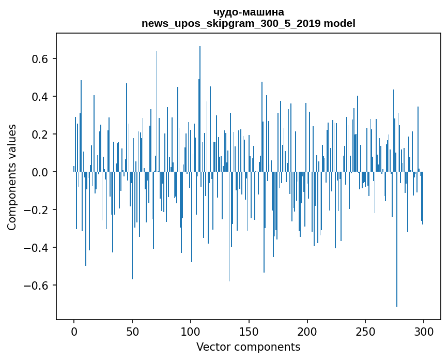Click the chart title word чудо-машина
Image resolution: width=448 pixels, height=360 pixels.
(x=248, y=12)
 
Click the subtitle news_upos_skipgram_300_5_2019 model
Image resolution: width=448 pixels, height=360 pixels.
(x=248, y=23)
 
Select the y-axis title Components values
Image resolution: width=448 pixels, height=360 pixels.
(x=12, y=177)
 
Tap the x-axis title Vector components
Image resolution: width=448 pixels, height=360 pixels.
(x=248, y=347)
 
